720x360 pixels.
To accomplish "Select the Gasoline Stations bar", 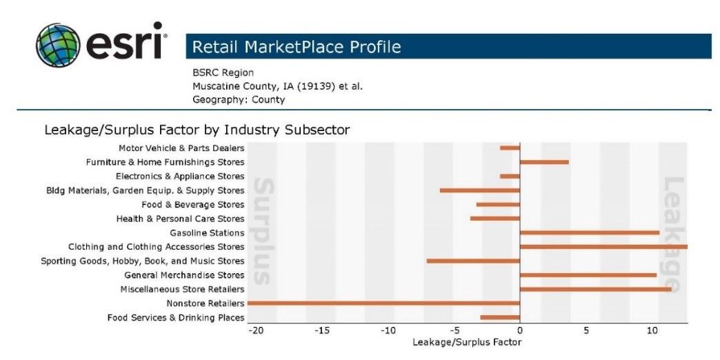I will click(x=589, y=232).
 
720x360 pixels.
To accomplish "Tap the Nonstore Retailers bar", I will click(x=383, y=303).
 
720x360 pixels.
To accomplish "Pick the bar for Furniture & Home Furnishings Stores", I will click(x=544, y=162).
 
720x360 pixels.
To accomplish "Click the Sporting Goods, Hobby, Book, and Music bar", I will click(x=473, y=261).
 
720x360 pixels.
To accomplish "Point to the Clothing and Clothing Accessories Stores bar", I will click(x=603, y=246).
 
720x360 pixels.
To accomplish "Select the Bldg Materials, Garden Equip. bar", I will click(x=479, y=190).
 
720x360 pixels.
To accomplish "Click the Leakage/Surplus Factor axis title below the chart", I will click(x=467, y=342).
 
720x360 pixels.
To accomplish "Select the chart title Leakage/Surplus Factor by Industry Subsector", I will click(x=197, y=129).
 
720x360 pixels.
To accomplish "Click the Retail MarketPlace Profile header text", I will click(x=297, y=47).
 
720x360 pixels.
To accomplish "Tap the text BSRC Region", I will click(x=223, y=72).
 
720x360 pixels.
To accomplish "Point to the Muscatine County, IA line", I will click(x=277, y=86).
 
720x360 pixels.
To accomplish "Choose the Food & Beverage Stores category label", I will click(x=192, y=204).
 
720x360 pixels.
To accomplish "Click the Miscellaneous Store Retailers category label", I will click(x=182, y=289).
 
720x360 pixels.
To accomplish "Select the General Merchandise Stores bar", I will click(x=588, y=274).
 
